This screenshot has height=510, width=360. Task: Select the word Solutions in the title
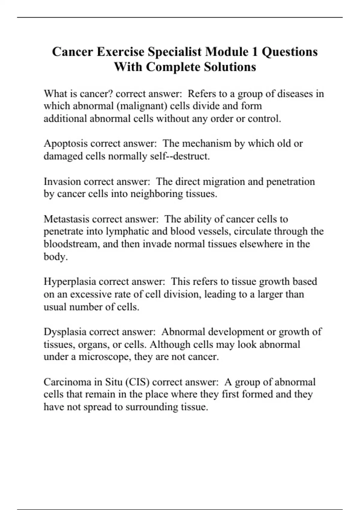click(x=230, y=67)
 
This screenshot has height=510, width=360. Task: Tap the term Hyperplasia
click(x=70, y=282)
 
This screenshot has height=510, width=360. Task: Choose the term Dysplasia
click(x=65, y=332)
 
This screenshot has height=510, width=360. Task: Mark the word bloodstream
click(x=72, y=244)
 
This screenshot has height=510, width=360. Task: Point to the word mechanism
click(x=207, y=144)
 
